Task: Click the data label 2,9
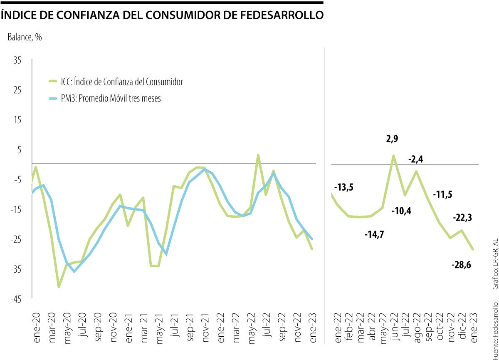393,139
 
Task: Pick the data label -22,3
464,218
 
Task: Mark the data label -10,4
402,211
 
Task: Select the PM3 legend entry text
108,99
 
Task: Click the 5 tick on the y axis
19,150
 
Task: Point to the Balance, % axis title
25,37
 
